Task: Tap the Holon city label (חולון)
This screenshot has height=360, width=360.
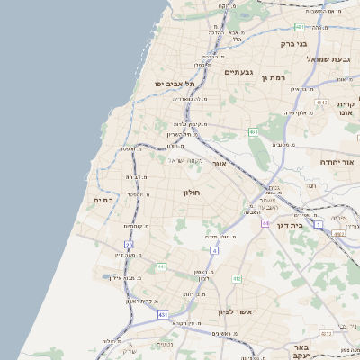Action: pos(191,193)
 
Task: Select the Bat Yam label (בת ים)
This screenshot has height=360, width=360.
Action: pos(103,201)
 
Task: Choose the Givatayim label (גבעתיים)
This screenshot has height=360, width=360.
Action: pos(237,72)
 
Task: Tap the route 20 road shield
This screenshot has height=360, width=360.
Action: pos(130,244)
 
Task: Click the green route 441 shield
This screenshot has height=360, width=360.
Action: pos(161,267)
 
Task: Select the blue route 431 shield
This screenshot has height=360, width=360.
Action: pos(162,316)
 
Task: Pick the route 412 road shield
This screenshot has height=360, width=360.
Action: pos(237,279)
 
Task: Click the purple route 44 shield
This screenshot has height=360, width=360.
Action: pos(265,222)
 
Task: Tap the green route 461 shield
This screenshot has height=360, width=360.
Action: pos(254,132)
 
